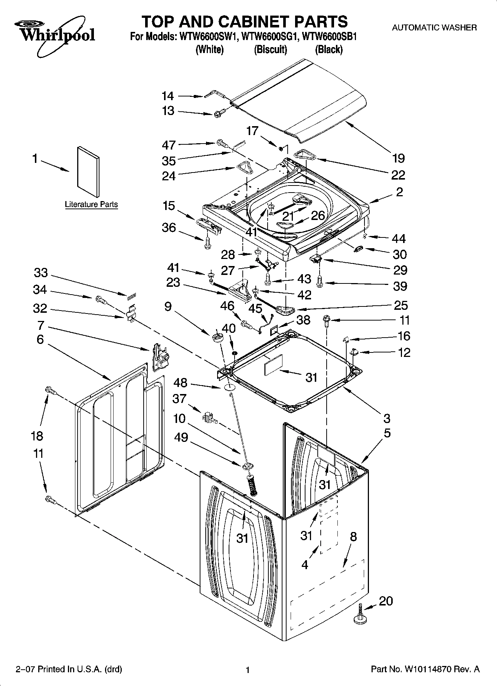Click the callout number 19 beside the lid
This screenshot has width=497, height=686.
[x=398, y=158]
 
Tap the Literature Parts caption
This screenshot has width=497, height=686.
[x=91, y=204]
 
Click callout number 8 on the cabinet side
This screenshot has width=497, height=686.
[x=353, y=536]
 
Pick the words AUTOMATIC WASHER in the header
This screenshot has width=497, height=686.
[x=434, y=27]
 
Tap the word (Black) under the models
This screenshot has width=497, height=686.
[x=328, y=49]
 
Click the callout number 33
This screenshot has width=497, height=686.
[x=41, y=273]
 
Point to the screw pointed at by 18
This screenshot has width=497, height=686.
[x=50, y=390]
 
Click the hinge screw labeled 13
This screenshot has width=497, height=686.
[x=219, y=112]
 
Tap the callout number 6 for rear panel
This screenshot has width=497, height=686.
[x=40, y=339]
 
